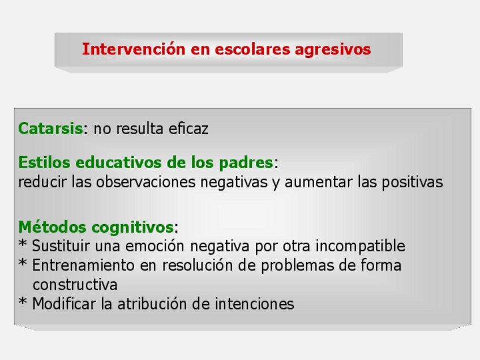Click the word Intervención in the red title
(x=134, y=49)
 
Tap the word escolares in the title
(x=252, y=49)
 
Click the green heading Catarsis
(x=50, y=128)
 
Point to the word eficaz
(x=188, y=128)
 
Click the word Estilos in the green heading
(x=44, y=162)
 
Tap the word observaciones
(x=145, y=182)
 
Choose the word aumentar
(x=318, y=182)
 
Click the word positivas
(x=412, y=183)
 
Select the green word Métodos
(x=52, y=227)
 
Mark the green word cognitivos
(x=133, y=228)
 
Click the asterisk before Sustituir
(x=23, y=243)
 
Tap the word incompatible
(x=361, y=246)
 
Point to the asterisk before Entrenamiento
(x=23, y=263)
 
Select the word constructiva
(x=75, y=285)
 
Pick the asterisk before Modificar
(x=23, y=302)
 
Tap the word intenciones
(x=254, y=304)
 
